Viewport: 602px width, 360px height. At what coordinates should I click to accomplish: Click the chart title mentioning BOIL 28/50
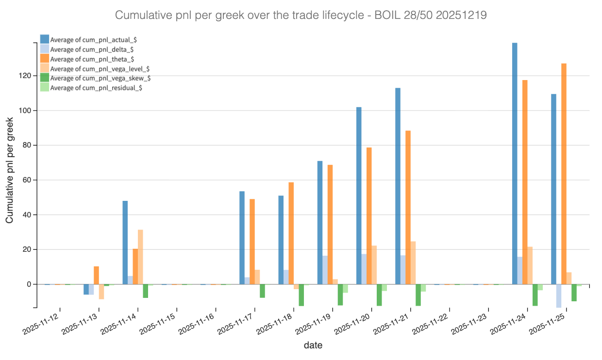301,16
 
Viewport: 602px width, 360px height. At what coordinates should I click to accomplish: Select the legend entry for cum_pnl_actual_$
90,39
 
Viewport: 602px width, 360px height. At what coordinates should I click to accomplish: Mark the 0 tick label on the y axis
29,284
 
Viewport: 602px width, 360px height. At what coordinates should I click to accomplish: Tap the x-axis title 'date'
313,345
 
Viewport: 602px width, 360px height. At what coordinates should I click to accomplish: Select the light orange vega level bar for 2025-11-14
140,257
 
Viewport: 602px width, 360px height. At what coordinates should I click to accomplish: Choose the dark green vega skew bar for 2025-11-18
301,295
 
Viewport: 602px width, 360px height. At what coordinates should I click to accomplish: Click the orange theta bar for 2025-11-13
96,275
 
